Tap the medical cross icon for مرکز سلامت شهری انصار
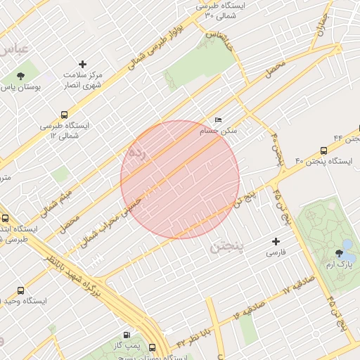(82, 64)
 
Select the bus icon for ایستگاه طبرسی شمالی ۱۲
(65, 115)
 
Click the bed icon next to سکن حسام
(218, 120)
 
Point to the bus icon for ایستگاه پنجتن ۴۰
(323, 150)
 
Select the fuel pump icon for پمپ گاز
(127, 335)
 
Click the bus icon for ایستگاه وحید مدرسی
(20, 290)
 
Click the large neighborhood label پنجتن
(229, 247)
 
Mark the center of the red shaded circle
(180, 180)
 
